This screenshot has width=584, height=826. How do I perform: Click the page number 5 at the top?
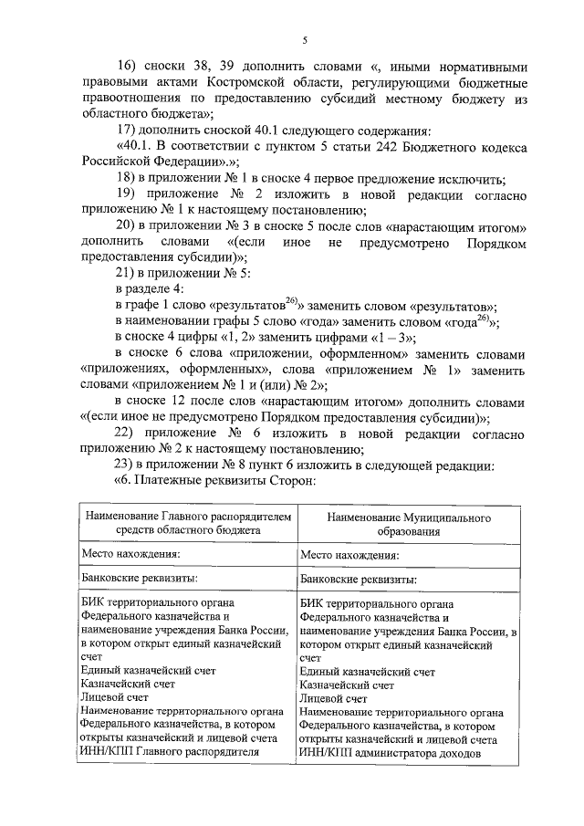(x=306, y=38)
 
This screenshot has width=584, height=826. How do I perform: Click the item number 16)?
(x=129, y=66)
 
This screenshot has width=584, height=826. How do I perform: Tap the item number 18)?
(x=127, y=178)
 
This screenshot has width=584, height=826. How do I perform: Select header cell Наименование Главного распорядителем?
(x=189, y=517)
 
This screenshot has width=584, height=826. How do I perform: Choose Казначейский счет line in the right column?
(x=347, y=683)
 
